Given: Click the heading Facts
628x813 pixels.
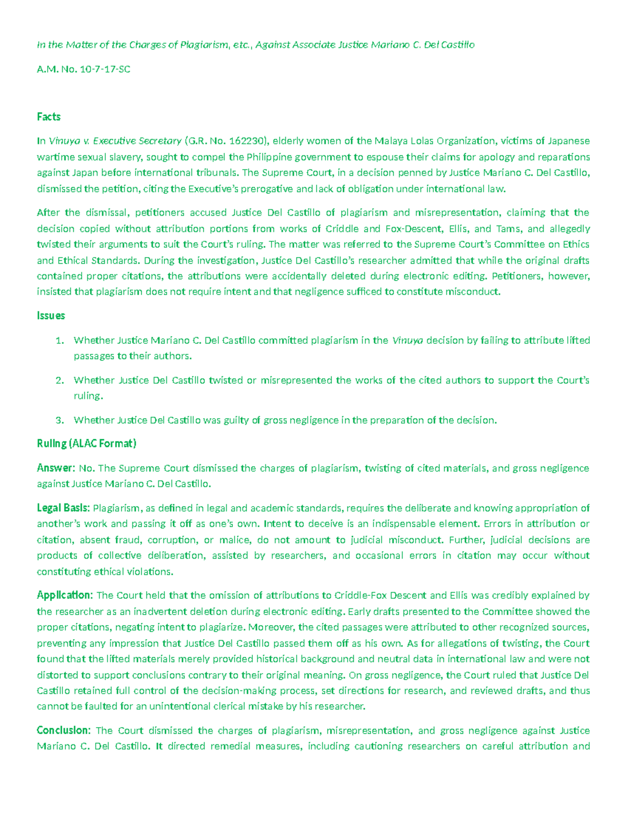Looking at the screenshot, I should pyautogui.click(x=49, y=117).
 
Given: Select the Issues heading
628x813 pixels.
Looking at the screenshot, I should pyautogui.click(x=51, y=316).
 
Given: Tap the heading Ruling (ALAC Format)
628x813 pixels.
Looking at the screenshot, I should pyautogui.click(x=86, y=444).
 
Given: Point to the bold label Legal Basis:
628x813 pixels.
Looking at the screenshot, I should pyautogui.click(x=63, y=508).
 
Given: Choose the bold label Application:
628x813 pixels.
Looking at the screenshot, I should pyautogui.click(x=65, y=595).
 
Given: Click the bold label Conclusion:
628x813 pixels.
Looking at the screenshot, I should pyautogui.click(x=64, y=730).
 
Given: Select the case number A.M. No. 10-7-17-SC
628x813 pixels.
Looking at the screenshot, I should pyautogui.click(x=83, y=69).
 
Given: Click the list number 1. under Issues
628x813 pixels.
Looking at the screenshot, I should pyautogui.click(x=60, y=341).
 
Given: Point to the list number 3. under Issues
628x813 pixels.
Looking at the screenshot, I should pyautogui.click(x=60, y=420).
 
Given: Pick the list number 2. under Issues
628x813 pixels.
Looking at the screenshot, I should pyautogui.click(x=60, y=381).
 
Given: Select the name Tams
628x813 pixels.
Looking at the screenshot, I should pyautogui.click(x=508, y=229).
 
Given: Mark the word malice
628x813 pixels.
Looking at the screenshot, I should pyautogui.click(x=234, y=540).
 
